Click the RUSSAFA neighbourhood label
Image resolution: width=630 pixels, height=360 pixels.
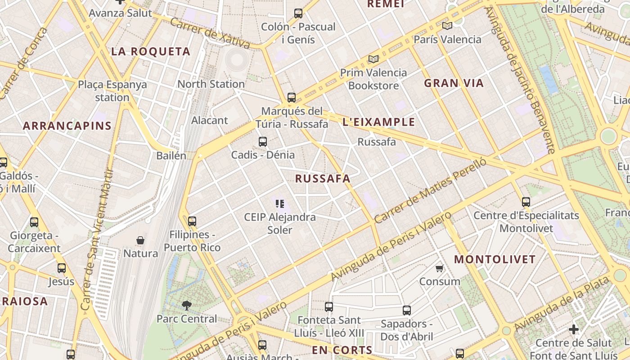click(323, 179)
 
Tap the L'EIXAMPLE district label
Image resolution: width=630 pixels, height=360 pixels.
click(378, 122)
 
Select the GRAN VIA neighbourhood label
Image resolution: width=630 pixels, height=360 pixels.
click(454, 83)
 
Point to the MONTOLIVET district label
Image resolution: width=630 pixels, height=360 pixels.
click(495, 260)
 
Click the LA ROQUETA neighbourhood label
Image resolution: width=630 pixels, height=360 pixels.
click(151, 52)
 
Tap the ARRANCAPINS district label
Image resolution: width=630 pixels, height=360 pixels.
click(67, 126)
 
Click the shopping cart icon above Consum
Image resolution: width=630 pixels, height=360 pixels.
click(440, 269)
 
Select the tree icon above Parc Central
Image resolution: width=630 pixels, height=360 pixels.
click(186, 306)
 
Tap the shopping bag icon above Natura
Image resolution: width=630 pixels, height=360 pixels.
click(140, 240)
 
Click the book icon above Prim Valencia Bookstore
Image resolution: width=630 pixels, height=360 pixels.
click(373, 59)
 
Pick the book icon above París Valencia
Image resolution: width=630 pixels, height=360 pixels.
click(447, 26)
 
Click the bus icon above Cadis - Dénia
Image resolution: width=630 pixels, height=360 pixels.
click(263, 142)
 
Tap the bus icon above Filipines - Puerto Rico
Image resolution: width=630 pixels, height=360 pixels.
click(192, 221)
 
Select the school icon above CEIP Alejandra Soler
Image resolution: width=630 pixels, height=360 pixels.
click(280, 204)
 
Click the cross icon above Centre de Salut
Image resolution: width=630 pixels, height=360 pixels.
click(573, 329)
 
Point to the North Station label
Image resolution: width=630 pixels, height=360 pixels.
click(211, 84)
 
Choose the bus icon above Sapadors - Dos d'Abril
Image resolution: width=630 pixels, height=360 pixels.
click(407, 310)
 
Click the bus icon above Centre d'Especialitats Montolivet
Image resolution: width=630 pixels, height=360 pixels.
click(526, 202)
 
